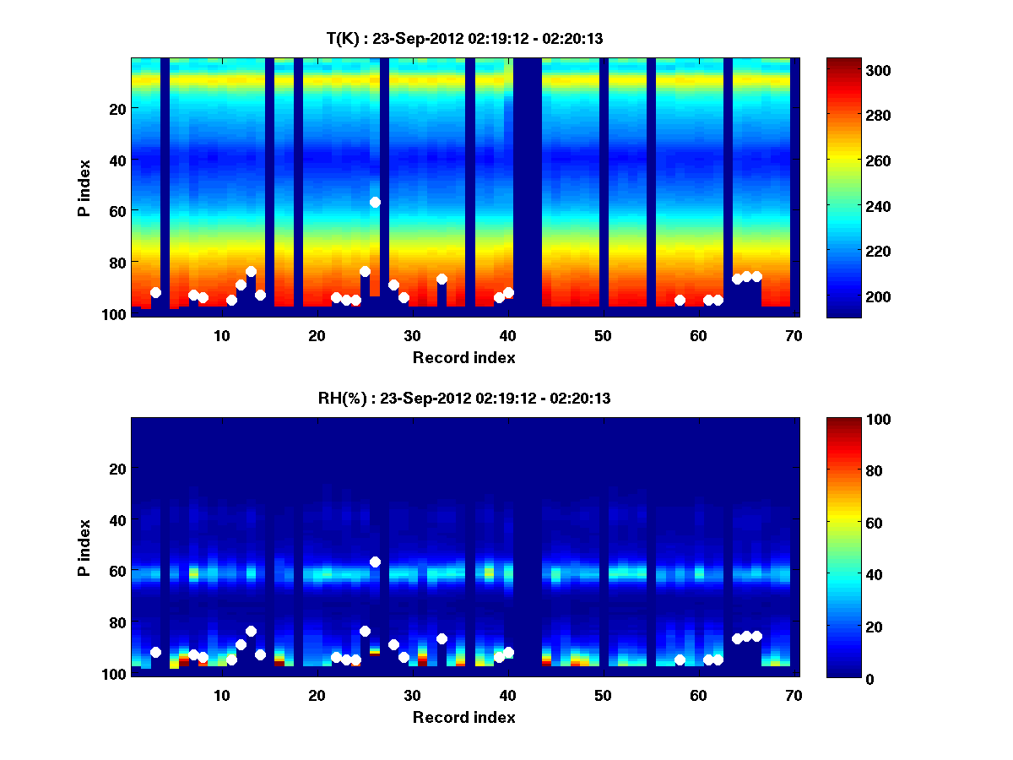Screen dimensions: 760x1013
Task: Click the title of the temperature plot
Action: click(465, 38)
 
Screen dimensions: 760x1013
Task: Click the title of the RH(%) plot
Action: click(465, 399)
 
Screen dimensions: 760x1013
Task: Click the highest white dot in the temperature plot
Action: click(375, 202)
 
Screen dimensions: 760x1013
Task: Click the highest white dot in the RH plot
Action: click(375, 562)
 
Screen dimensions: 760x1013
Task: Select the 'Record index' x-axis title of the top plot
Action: click(463, 357)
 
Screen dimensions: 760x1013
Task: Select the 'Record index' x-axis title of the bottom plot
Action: click(463, 717)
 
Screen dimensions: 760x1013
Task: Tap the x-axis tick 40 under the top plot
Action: click(507, 335)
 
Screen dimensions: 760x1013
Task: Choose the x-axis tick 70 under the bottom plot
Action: click(793, 695)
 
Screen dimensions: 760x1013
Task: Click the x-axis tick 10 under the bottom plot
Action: click(221, 695)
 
